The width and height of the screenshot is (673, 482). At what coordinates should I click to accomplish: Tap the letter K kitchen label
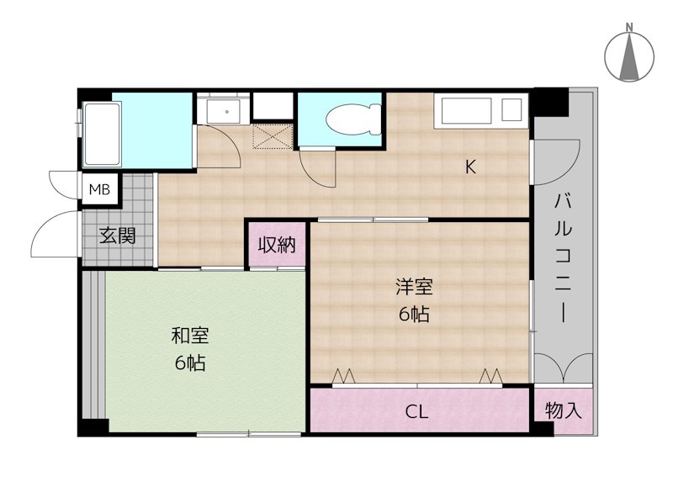point(471,167)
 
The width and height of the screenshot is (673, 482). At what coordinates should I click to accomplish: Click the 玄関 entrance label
point(118,236)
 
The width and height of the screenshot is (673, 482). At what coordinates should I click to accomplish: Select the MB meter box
point(100,190)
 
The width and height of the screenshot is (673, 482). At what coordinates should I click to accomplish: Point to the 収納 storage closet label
point(276,246)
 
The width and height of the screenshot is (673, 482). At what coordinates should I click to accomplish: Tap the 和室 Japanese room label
point(190,336)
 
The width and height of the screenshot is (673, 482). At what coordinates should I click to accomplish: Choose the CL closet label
point(417,412)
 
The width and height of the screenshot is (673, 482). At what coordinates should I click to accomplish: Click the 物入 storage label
point(563,411)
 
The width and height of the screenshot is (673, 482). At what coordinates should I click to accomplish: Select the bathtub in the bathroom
point(102,136)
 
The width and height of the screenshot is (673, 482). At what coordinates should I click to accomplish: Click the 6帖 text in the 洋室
point(415,315)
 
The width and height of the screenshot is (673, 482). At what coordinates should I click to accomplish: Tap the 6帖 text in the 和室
point(190,364)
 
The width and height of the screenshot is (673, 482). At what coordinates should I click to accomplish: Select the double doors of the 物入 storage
point(563,367)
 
